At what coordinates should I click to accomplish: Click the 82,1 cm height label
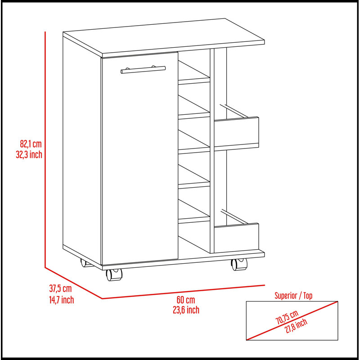(x=31, y=144)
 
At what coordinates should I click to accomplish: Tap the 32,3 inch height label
(x=29, y=154)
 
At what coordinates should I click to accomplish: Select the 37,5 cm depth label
(x=61, y=288)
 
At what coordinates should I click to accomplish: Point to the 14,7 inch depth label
(x=62, y=300)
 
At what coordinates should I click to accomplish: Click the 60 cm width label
(x=186, y=300)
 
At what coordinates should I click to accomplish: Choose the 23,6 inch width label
(x=186, y=310)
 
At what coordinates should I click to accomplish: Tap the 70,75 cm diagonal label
(x=287, y=317)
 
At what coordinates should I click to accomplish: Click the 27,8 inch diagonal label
(x=296, y=326)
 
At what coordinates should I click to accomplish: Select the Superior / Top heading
(x=293, y=296)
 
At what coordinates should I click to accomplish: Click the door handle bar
(x=143, y=70)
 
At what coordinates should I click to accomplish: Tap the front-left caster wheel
(x=114, y=274)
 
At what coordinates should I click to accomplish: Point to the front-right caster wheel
(x=239, y=264)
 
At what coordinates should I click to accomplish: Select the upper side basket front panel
(x=236, y=131)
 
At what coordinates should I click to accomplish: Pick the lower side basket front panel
(x=236, y=238)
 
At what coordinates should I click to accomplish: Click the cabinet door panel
(x=140, y=158)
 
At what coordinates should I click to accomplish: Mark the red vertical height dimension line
(x=45, y=149)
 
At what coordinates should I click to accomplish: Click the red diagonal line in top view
(x=292, y=320)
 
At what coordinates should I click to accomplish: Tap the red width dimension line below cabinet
(x=184, y=292)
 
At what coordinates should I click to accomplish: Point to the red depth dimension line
(x=73, y=283)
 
